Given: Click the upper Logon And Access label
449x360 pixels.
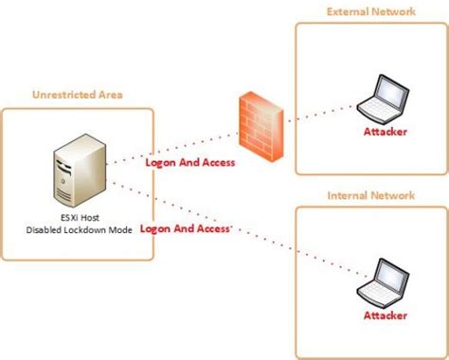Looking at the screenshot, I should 189,162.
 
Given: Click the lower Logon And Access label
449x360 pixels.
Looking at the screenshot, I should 186,228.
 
